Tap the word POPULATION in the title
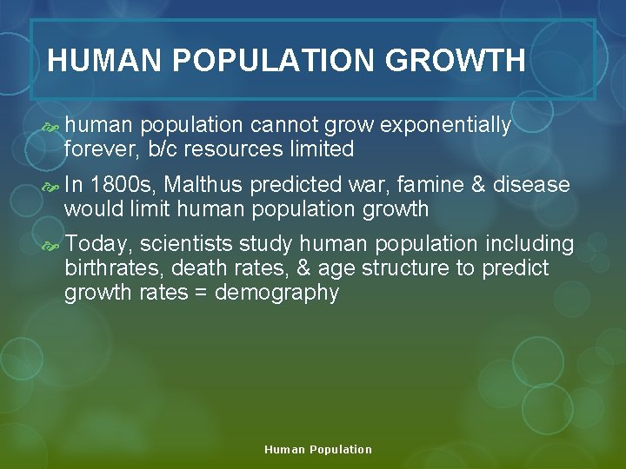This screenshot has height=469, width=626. [x=274, y=61]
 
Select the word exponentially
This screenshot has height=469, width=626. [x=446, y=126]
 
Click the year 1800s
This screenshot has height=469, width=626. [x=124, y=185]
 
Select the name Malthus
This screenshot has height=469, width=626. [x=206, y=185]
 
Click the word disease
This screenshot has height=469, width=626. [x=531, y=185]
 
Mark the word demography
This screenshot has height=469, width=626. [x=276, y=293]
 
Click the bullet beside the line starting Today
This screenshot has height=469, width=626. [x=50, y=245]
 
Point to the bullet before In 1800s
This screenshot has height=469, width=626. [x=50, y=186]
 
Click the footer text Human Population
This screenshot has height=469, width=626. [x=318, y=450]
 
